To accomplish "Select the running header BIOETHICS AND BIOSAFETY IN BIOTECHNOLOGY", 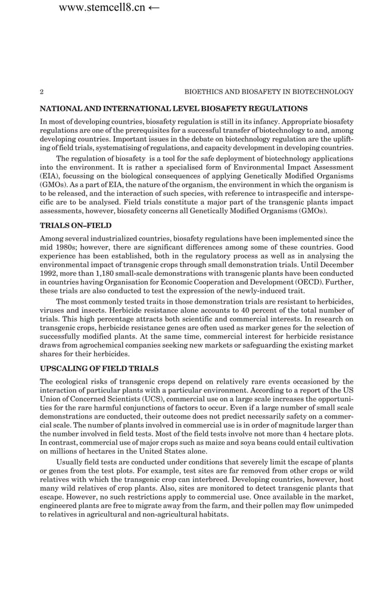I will (269, 92).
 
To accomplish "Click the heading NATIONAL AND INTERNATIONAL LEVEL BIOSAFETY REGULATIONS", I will (173, 108).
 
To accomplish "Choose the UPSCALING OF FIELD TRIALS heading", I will (99, 369).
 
